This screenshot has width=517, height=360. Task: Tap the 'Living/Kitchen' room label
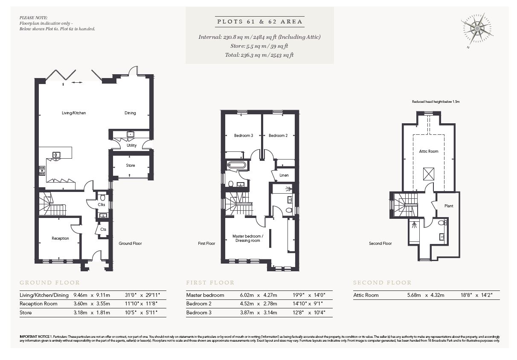pyautogui.click(x=74, y=113)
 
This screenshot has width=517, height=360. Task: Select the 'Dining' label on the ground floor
pyautogui.click(x=130, y=113)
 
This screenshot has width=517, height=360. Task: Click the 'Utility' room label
pyautogui.click(x=131, y=145)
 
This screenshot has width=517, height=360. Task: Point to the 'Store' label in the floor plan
pyautogui.click(x=131, y=165)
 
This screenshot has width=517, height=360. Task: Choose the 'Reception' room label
pyautogui.click(x=60, y=238)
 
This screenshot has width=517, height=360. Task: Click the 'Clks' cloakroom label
pyautogui.click(x=102, y=205)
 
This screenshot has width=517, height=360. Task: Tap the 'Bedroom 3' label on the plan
pyautogui.click(x=244, y=136)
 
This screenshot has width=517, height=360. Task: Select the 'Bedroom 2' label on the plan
pyautogui.click(x=278, y=136)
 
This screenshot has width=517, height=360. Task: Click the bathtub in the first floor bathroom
pyautogui.click(x=236, y=165)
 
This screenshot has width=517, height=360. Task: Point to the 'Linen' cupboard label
pyautogui.click(x=284, y=175)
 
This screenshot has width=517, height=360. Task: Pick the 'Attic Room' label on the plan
pyautogui.click(x=429, y=151)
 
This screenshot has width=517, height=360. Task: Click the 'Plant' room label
pyautogui.click(x=448, y=206)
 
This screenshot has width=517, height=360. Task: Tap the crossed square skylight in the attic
pyautogui.click(x=429, y=174)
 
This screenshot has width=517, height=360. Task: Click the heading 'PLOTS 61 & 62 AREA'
pyautogui.click(x=259, y=21)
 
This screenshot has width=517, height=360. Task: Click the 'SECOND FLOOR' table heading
pyautogui.click(x=382, y=282)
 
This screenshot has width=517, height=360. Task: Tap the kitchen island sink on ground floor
pyautogui.click(x=56, y=154)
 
